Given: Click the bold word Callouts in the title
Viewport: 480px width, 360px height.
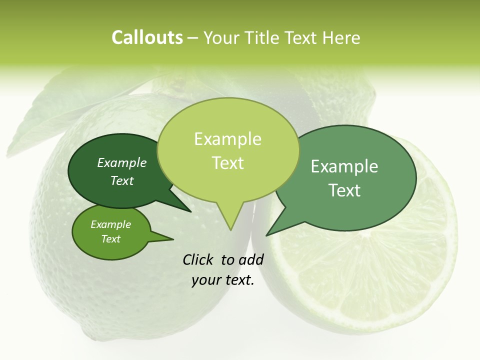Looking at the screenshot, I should tap(147, 37).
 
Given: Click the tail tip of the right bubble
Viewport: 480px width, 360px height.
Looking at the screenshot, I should tap(267, 234).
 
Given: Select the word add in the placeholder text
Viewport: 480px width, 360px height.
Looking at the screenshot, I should tap(251, 259).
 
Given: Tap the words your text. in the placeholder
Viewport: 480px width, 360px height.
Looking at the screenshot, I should tap(223, 280).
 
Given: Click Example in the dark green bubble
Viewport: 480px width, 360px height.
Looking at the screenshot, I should tap(122, 163).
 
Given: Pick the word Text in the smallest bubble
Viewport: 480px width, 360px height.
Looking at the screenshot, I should tap(111, 239).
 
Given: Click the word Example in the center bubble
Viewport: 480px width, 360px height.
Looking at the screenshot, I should tap(228, 139).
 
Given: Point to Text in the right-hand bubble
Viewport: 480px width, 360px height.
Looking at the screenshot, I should tap(344, 190).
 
